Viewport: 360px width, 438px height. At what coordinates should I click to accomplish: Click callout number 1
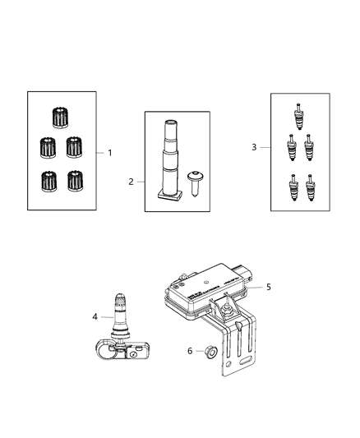click(110, 153)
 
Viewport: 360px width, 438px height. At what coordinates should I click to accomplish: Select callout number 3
click(255, 147)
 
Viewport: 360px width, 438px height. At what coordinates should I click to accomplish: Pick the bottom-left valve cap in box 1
click(46, 179)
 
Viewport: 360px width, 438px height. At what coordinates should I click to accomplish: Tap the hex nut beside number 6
click(209, 352)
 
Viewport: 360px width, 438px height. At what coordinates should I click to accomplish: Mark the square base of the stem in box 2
click(168, 195)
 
